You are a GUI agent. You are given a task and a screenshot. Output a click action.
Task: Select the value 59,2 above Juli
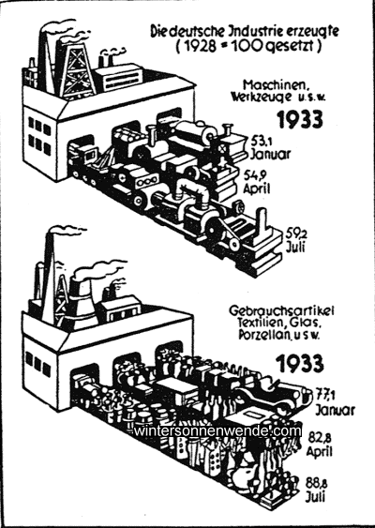(296, 234)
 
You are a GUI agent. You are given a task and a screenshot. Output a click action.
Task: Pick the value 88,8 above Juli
(317, 484)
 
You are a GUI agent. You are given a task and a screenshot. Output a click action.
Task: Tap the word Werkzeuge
(261, 97)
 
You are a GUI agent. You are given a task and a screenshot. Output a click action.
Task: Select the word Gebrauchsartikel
(281, 310)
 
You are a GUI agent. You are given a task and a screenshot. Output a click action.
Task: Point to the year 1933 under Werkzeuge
(300, 119)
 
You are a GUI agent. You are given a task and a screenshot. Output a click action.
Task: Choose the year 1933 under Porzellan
(300, 363)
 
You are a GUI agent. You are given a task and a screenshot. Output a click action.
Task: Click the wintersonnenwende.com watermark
(217, 431)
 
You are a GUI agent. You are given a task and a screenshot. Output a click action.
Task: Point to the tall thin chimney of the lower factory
(49, 278)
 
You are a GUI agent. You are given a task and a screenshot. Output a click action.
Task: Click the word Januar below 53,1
(270, 154)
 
